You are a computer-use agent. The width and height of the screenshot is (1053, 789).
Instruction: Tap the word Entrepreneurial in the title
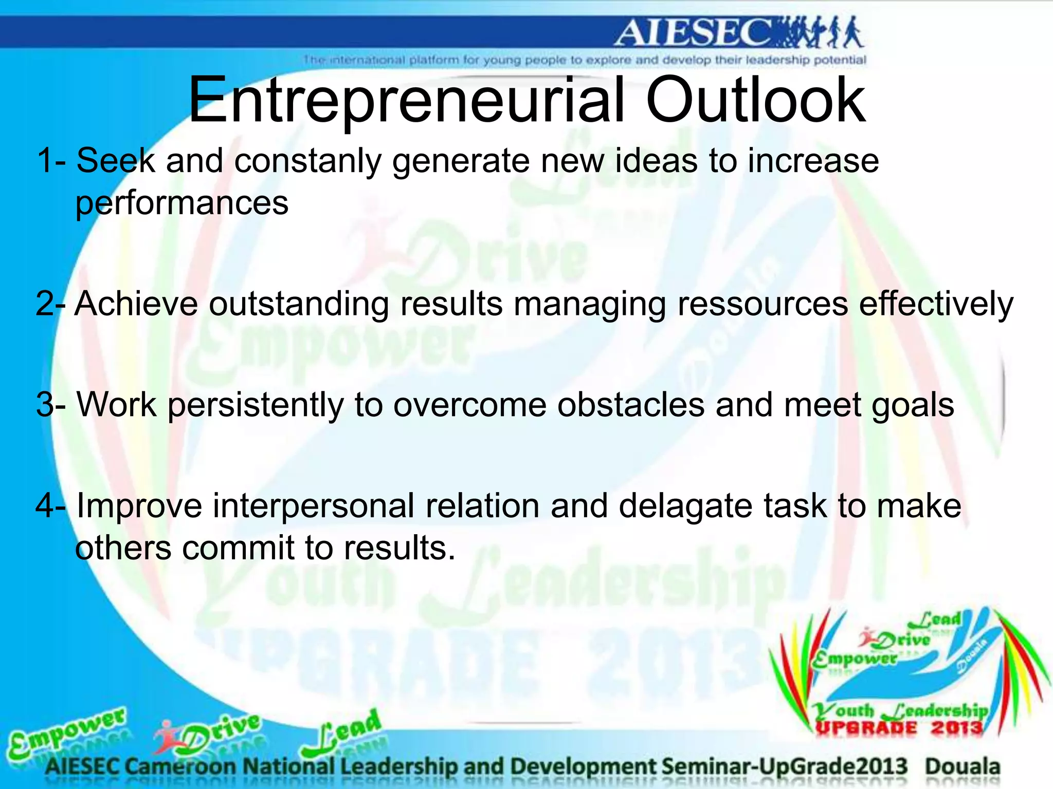406,101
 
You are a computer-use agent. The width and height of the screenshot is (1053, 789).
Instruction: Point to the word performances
181,203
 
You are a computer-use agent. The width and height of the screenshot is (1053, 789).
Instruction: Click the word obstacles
631,405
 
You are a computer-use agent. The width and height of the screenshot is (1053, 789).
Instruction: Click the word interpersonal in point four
313,506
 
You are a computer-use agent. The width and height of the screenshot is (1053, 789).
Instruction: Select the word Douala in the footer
962,766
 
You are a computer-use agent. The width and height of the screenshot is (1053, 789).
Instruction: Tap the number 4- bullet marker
50,506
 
